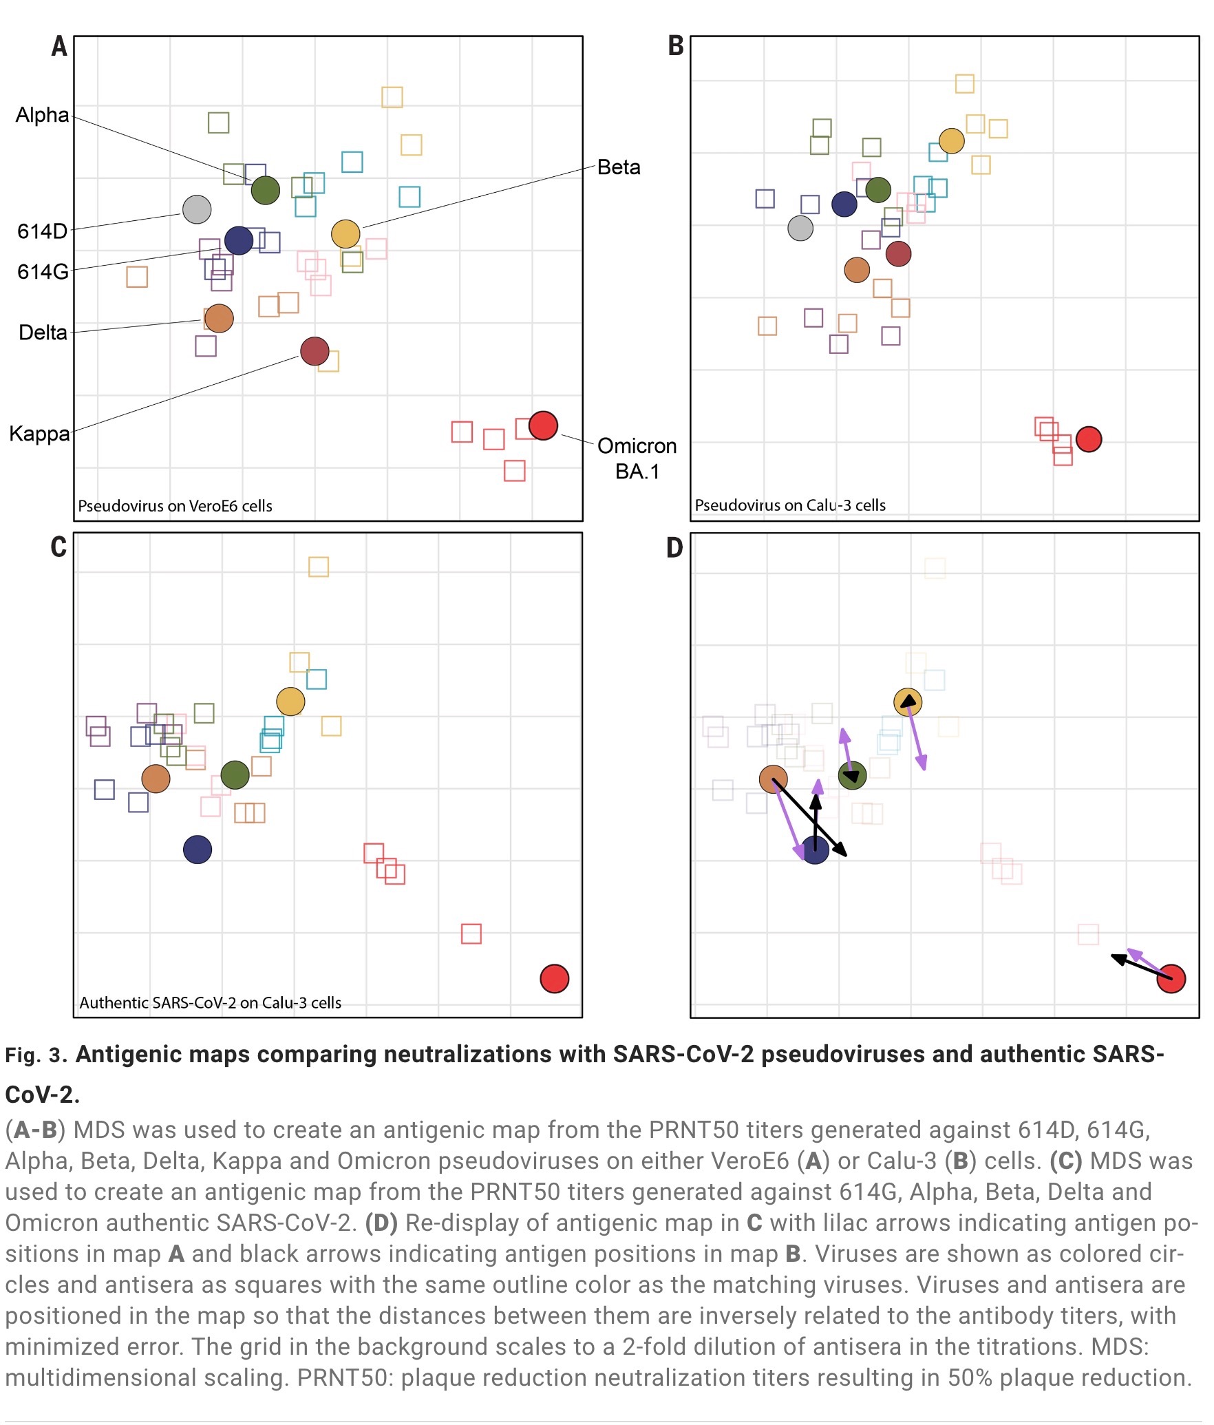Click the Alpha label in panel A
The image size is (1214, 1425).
point(43,115)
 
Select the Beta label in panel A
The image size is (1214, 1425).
point(619,167)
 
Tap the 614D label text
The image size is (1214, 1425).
point(43,231)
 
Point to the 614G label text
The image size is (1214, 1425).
point(43,272)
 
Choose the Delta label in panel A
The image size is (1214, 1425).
point(43,332)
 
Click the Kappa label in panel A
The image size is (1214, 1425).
point(40,434)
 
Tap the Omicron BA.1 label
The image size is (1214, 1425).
point(637,458)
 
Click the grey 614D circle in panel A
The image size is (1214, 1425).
point(197,209)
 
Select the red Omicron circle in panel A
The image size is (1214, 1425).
point(543,425)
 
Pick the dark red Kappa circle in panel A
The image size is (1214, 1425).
point(315,352)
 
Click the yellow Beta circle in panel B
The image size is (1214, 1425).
point(951,141)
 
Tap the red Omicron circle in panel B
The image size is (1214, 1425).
point(1089,439)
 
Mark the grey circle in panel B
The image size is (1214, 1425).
point(800,228)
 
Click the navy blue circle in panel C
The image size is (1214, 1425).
point(198,849)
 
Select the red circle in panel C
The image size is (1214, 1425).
point(555,978)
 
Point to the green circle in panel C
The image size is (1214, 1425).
point(235,774)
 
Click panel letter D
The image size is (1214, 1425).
point(674,548)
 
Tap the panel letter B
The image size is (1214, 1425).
point(676,46)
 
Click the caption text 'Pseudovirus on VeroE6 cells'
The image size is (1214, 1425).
point(175,506)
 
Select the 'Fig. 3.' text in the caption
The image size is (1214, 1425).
point(36,1056)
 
